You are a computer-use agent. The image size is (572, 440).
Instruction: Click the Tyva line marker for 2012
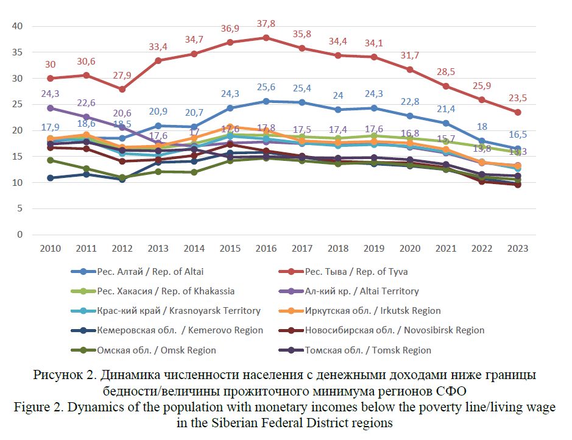(122, 89)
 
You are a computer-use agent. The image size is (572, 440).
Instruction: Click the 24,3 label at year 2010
(50, 94)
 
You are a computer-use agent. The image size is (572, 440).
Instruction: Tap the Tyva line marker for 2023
(517, 112)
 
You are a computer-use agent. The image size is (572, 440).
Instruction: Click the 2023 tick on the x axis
(517, 249)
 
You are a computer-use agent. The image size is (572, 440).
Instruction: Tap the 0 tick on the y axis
(19, 235)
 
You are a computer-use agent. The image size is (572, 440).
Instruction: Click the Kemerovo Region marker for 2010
(51, 178)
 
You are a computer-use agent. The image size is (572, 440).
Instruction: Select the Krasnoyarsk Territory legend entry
(178, 311)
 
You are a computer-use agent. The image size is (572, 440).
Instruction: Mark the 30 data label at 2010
(50, 65)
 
